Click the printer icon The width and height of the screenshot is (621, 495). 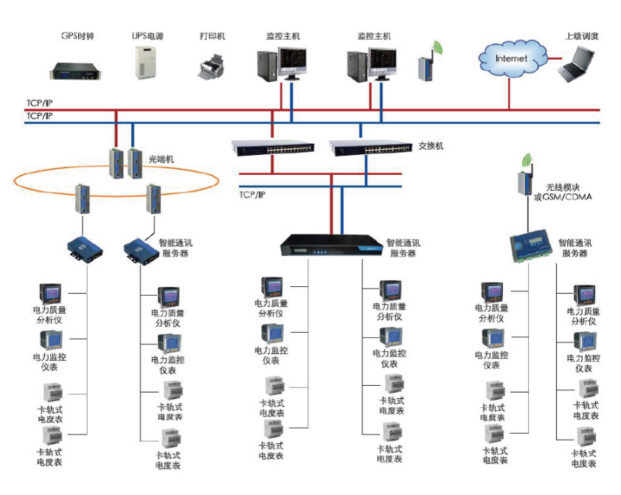(211, 66)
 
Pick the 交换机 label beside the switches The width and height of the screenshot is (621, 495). (431, 146)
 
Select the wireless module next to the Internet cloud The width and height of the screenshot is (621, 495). (426, 64)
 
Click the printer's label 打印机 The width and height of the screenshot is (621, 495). (212, 35)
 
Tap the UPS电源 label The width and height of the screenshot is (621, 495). (148, 35)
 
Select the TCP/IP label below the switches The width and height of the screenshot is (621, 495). (252, 195)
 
